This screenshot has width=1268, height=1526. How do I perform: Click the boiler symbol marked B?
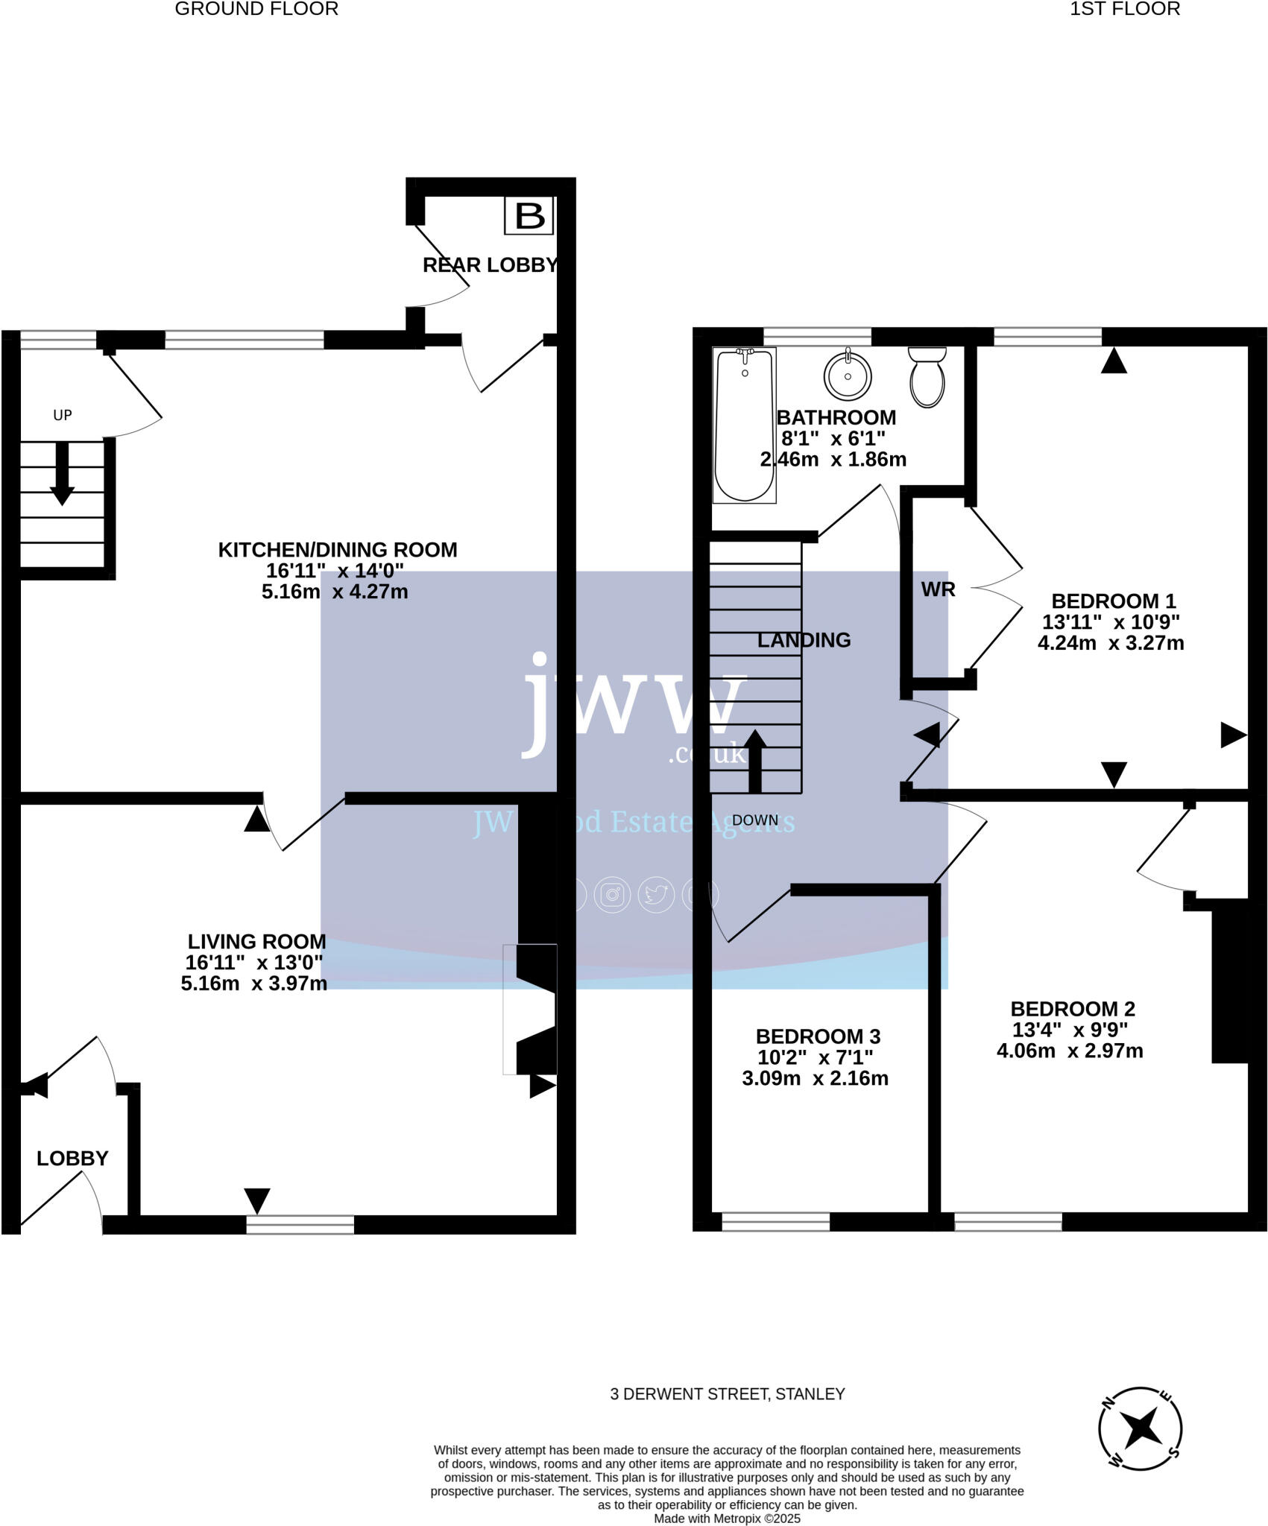[x=529, y=216]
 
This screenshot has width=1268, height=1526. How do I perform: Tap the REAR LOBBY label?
[x=490, y=265]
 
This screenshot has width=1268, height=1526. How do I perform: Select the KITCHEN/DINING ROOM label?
[x=338, y=550]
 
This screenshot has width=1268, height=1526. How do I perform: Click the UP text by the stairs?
[x=63, y=415]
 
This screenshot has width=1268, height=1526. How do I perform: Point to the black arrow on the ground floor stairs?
[x=62, y=473]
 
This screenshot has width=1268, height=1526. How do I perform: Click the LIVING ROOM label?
[x=256, y=942]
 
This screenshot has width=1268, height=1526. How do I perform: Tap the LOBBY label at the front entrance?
[x=72, y=1158]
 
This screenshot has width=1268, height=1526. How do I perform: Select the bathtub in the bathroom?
[x=744, y=425]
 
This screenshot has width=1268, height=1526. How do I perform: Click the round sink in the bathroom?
[x=848, y=375]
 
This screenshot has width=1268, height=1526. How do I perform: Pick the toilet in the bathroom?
[x=927, y=377]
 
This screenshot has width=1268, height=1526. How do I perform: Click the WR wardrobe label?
[x=938, y=589]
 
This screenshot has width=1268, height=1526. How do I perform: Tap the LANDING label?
[x=804, y=640]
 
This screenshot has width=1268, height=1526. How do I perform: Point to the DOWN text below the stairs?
[x=754, y=820]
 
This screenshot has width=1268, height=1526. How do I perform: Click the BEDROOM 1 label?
[x=1113, y=601]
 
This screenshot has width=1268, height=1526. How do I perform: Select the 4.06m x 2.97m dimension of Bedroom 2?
[x=1070, y=1051]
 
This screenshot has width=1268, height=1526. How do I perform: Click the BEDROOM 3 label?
[x=818, y=1036]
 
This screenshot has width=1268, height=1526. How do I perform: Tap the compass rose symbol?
[x=1140, y=1428]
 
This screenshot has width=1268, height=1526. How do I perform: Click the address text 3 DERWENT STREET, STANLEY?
[x=727, y=1394]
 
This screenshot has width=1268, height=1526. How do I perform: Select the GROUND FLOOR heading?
[x=256, y=9]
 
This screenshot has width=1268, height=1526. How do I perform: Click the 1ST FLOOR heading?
[x=1124, y=9]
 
